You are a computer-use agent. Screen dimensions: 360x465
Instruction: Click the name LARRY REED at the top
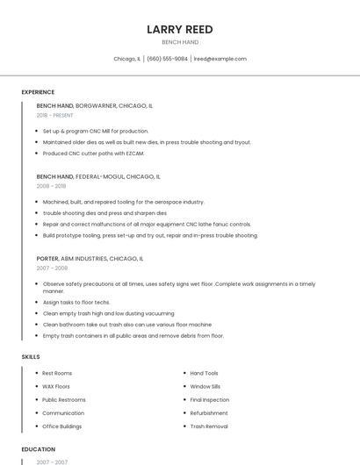coord(180,29)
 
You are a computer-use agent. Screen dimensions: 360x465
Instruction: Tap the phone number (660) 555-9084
coord(167,59)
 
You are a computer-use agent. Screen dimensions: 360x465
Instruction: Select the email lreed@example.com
coord(220,59)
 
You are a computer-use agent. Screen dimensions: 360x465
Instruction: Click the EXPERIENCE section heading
coord(38,92)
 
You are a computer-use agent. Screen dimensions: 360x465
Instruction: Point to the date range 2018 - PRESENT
coord(55,115)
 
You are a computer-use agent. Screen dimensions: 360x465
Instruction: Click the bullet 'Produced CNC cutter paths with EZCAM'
coord(93,154)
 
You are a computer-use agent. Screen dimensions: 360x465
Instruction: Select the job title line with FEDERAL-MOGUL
coord(98,176)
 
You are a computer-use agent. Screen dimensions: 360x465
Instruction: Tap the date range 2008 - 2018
coord(51,186)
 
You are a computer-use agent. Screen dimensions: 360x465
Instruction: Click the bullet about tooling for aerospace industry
coord(123,202)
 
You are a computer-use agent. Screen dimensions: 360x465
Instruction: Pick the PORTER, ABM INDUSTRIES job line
coord(90,259)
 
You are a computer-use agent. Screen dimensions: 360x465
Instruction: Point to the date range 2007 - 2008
coord(51,268)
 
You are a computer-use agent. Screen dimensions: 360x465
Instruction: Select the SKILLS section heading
coord(31,357)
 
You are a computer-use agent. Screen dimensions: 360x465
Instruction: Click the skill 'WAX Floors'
coord(56,386)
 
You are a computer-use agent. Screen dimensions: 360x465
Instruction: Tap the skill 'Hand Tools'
coord(205,373)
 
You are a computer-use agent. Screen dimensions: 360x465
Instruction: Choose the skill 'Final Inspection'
coord(210,399)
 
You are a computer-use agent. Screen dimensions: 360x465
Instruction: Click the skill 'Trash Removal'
coord(209,426)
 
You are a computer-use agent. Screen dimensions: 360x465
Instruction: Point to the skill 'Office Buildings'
coord(61,426)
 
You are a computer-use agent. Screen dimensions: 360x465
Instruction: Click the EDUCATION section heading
coord(39,449)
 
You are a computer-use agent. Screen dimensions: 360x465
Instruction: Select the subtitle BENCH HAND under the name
coord(180,42)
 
